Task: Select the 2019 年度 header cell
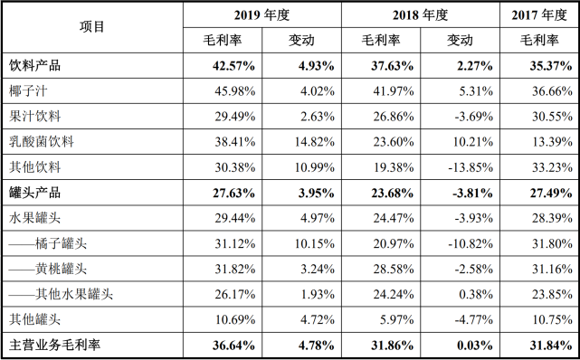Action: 262,14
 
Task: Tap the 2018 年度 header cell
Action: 420,14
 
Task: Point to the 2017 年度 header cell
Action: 539,14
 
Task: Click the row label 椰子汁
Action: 33,90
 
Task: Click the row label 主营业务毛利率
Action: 54,345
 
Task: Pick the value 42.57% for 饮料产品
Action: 233,65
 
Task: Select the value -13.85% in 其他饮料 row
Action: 469,166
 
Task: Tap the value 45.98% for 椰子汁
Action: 233,90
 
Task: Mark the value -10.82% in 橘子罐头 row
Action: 469,242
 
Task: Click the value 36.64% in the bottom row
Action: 233,345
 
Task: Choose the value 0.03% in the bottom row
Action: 473,345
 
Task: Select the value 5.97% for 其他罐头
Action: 394,318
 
